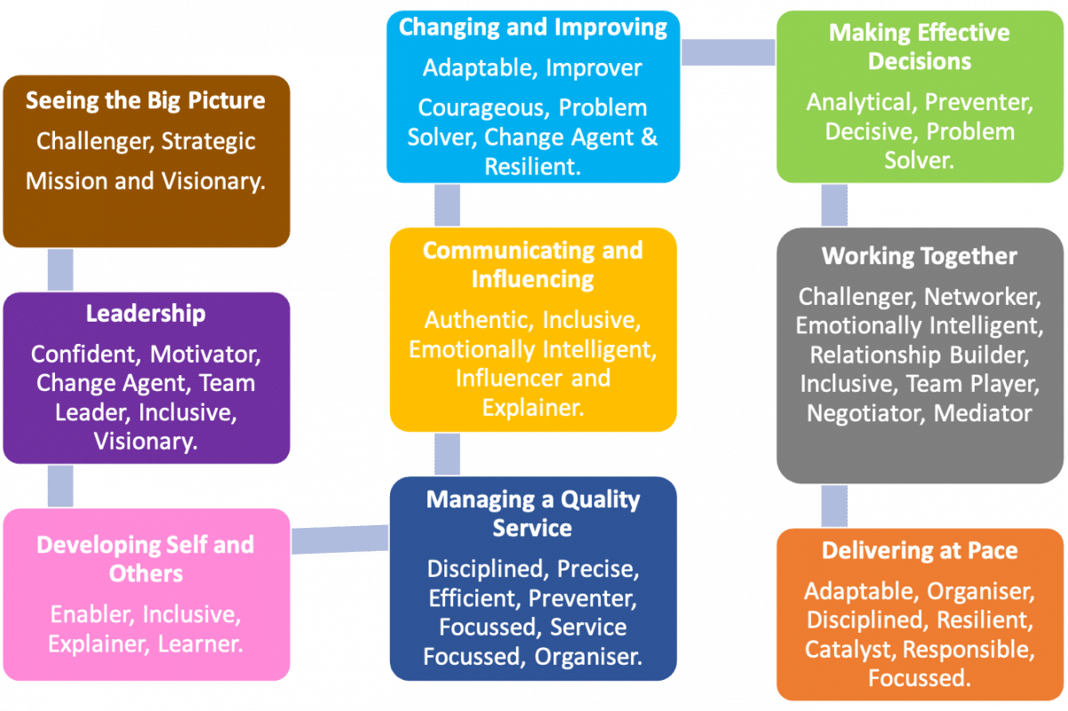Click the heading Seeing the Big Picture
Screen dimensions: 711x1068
(146, 100)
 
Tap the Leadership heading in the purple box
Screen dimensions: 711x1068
(146, 314)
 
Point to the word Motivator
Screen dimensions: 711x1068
(205, 354)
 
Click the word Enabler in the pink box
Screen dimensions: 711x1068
(92, 614)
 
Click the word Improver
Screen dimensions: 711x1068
(594, 68)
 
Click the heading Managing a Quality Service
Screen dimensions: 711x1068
(532, 514)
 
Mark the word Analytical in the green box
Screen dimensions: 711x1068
(858, 102)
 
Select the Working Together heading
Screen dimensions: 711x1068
(919, 256)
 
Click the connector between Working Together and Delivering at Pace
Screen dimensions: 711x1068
(833, 506)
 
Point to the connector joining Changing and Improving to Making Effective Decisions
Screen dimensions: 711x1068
(728, 52)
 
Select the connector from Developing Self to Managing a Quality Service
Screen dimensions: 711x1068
(339, 538)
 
